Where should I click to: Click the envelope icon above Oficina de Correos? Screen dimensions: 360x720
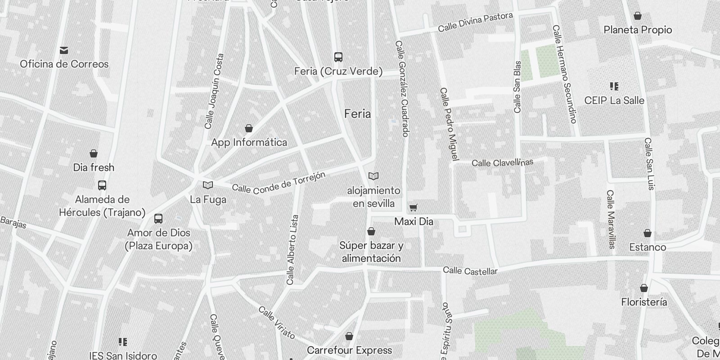64,50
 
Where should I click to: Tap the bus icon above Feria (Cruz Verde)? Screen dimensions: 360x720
338,57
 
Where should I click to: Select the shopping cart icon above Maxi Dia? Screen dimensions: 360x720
413,208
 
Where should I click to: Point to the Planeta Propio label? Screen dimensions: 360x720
638,30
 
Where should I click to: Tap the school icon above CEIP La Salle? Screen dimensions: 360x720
614,86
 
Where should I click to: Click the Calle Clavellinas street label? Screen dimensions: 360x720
502,162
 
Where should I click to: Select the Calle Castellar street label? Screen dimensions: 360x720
470,271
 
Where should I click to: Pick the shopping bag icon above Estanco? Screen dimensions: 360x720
648,233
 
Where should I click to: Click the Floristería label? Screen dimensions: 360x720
644,302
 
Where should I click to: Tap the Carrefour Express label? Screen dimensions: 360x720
349,350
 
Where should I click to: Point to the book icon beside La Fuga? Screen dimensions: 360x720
208,185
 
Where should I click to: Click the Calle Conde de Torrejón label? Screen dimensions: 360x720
279,183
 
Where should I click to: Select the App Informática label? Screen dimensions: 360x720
249,143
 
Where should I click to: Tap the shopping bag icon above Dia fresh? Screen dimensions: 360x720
94,154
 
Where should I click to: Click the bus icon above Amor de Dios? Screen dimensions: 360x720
158,219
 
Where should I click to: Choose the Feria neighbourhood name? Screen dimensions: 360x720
358,114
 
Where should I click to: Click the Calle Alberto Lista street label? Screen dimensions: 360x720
292,250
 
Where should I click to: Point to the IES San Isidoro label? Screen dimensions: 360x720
123,355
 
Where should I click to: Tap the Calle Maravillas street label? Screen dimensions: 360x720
611,219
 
